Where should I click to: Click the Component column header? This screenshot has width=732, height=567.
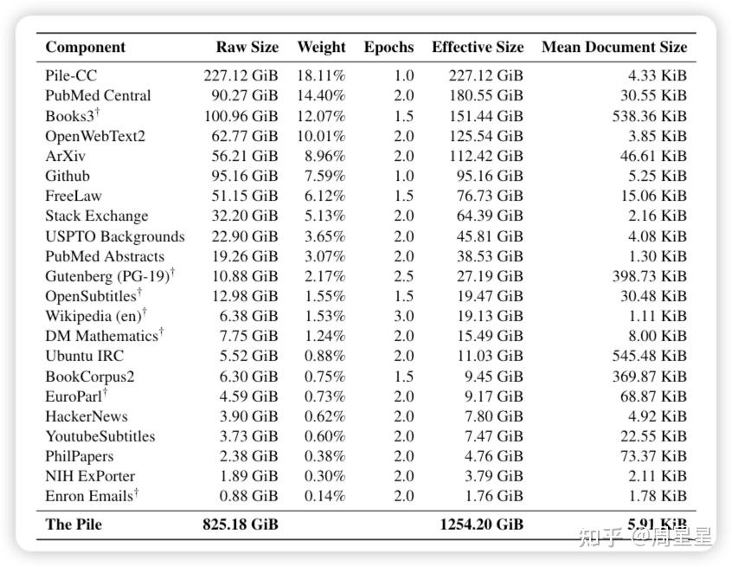[86, 47]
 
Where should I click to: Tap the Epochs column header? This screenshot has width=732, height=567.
[388, 47]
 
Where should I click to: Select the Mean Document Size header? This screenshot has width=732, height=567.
[614, 47]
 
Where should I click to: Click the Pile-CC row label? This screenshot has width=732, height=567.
[71, 75]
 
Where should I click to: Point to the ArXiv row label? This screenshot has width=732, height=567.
[66, 156]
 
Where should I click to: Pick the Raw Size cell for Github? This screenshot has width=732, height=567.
[245, 176]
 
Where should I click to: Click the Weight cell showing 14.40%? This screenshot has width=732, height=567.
[321, 96]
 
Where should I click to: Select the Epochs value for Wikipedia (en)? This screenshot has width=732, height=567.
[404, 316]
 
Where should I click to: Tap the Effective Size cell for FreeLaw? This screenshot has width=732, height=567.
[490, 197]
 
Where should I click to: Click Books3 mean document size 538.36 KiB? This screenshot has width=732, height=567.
[650, 116]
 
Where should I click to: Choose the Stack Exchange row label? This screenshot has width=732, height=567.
[97, 216]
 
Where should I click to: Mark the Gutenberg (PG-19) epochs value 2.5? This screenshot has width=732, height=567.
[404, 276]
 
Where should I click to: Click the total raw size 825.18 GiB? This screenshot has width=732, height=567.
[241, 524]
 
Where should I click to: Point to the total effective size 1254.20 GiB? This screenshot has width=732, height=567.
[482, 524]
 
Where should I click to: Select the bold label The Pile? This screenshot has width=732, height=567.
[74, 524]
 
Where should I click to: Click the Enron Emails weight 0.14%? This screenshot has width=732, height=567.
[325, 496]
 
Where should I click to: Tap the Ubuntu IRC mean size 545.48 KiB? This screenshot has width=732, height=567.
[650, 356]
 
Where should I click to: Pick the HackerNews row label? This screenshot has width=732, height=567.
[87, 416]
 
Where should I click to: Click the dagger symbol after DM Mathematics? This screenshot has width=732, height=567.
[161, 332]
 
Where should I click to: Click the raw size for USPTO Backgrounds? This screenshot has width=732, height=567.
[245, 236]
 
